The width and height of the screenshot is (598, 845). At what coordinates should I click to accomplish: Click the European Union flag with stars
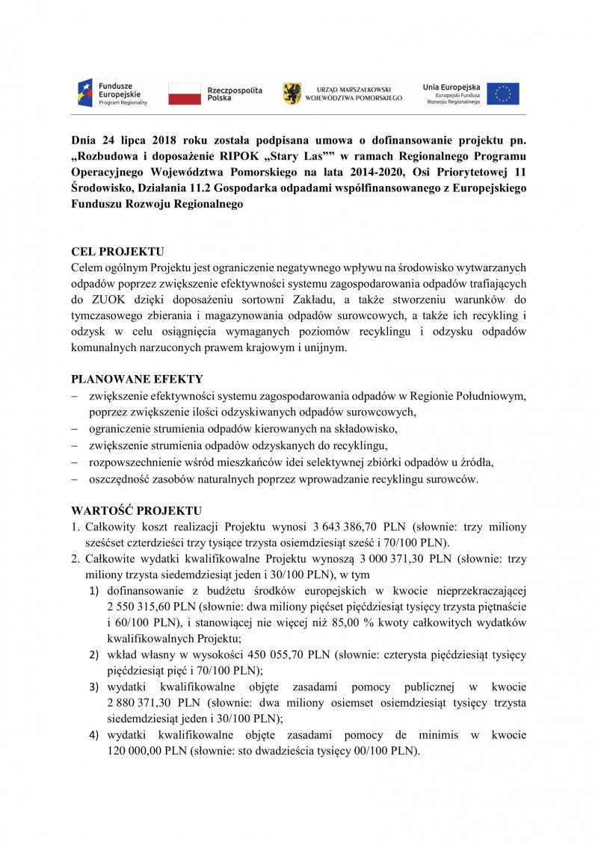coord(503,93)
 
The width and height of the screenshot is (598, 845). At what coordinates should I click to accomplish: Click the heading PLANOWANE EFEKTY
coord(137,379)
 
